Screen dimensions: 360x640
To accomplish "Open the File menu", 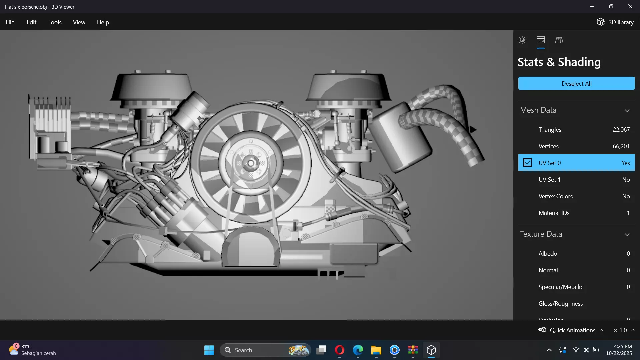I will coord(10,22).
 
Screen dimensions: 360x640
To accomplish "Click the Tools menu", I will coord(55,22).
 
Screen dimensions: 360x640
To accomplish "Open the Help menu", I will coord(103,22).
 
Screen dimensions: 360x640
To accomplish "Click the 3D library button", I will coord(615,22).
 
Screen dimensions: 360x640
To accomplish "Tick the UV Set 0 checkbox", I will coord(527,163).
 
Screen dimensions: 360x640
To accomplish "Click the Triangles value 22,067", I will coord(621,130).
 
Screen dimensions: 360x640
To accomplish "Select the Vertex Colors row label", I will coord(555,196).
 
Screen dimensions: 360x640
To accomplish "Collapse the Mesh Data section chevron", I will coord(627,111).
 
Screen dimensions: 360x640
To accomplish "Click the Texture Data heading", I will coord(541,234).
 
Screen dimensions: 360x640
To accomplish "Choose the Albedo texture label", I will coord(548,254).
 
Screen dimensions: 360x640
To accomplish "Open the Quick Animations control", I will coord(572,330).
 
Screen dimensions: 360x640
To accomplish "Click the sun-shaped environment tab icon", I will coord(522,40).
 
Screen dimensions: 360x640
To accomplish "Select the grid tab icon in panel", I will coord(559,40).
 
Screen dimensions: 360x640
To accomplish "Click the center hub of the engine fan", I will coord(251,163).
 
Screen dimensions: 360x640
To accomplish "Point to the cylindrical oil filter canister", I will coord(400,137).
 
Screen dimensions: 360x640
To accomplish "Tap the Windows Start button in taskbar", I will coord(209,350).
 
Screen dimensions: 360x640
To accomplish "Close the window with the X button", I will coord(630,7).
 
